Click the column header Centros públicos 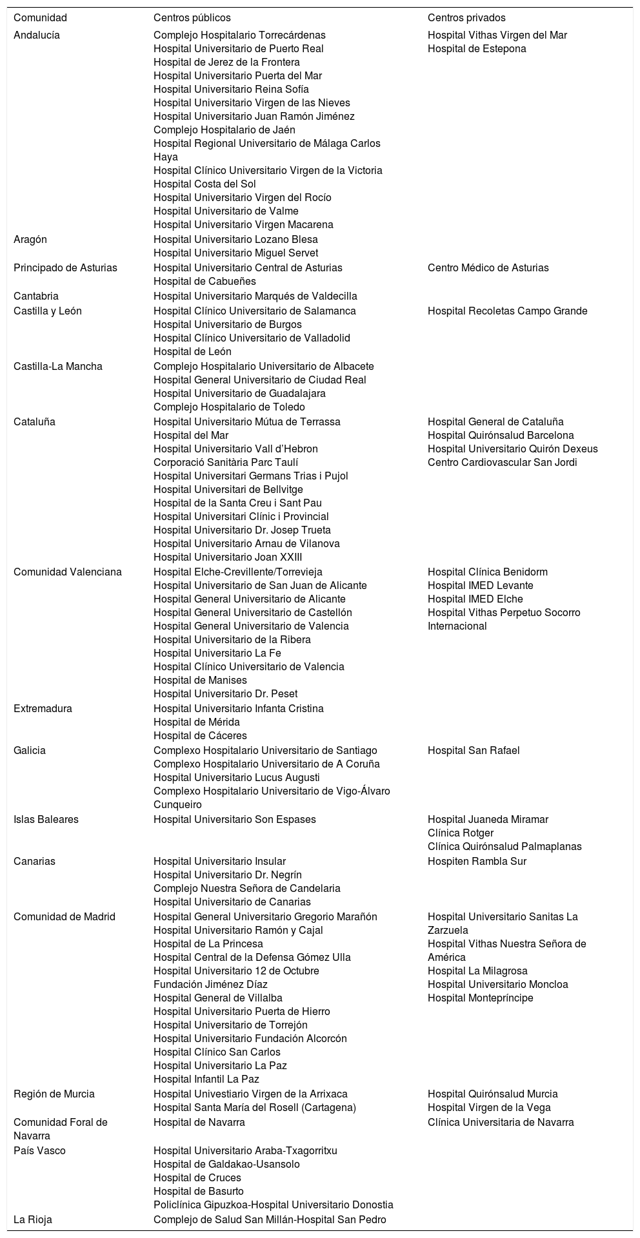192,18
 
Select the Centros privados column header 466,18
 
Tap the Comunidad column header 40,18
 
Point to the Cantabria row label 36,296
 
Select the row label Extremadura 43,709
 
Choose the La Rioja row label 33,1220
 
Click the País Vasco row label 39,1151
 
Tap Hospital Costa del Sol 205,184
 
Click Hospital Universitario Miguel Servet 235,253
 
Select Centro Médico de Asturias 488,268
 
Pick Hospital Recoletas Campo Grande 507,311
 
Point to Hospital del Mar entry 191,436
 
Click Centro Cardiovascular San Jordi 502,463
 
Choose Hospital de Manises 200,681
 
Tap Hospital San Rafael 473,751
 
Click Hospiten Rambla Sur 477,862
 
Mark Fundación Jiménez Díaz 210,985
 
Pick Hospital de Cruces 197,1178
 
